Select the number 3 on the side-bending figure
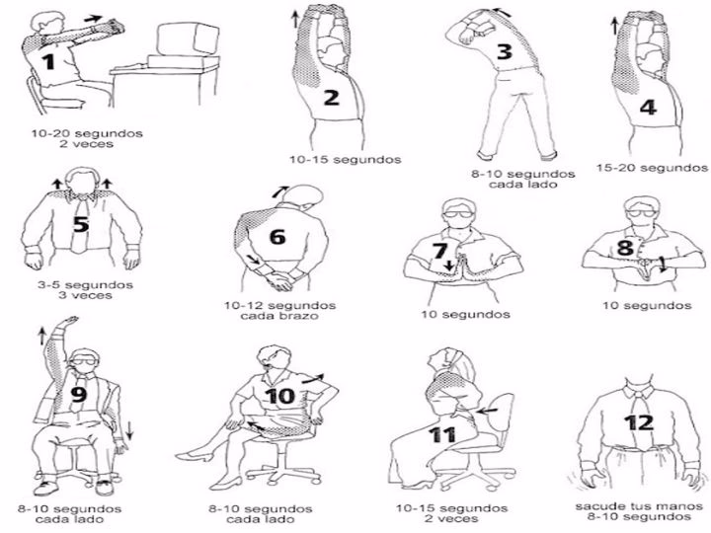[x=504, y=52]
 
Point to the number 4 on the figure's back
[x=648, y=108]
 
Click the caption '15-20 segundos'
[x=653, y=168]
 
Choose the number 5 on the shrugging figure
[x=81, y=224]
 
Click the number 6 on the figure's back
[x=277, y=237]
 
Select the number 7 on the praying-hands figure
[x=440, y=251]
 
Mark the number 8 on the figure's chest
[x=624, y=247]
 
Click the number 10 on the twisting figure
[x=279, y=396]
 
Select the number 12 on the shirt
[x=638, y=422]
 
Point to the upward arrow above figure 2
[x=295, y=16]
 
